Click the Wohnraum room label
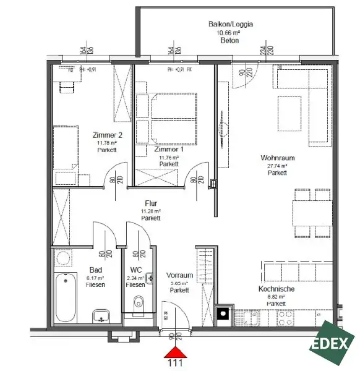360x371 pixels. click(x=276, y=158)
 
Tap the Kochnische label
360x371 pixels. click(x=276, y=289)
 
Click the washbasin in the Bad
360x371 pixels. click(x=100, y=317)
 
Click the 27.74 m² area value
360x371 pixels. click(x=276, y=166)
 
